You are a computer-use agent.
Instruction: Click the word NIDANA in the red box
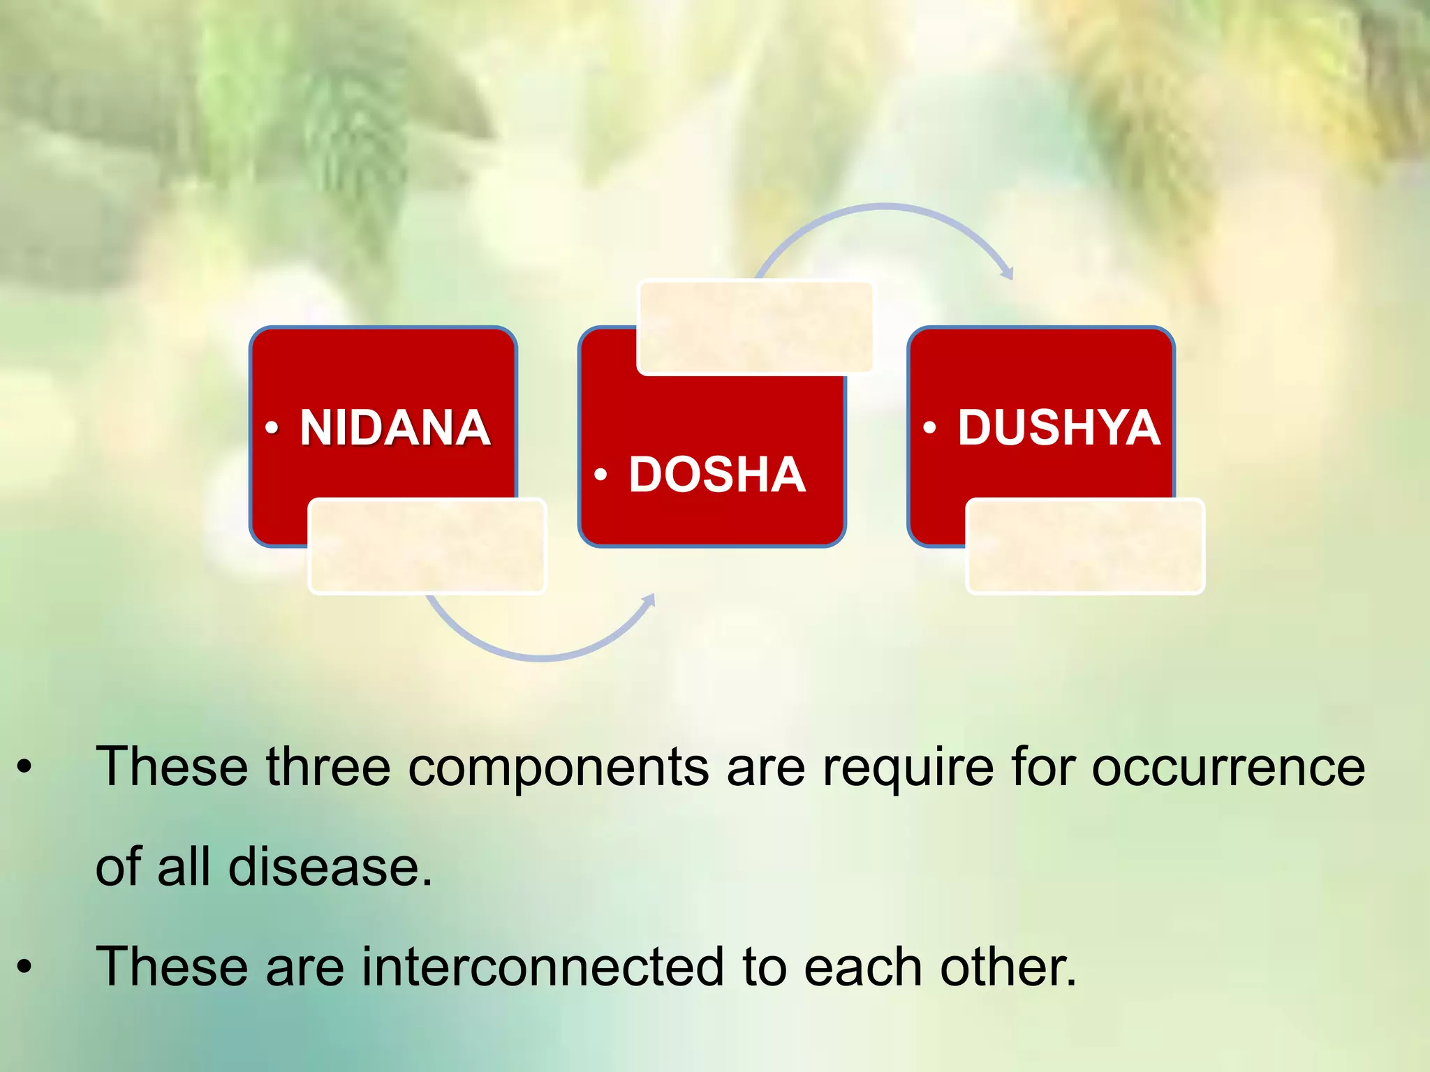395,427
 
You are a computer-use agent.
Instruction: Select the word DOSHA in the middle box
717,475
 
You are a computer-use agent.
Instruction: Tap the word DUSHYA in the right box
1059,427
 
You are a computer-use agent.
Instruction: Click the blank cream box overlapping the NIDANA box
427,546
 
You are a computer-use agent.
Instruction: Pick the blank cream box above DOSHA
755,327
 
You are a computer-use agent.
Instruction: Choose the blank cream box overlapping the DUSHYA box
1085,546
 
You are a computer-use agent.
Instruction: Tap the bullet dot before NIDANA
272,427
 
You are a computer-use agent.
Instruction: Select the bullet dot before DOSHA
600,475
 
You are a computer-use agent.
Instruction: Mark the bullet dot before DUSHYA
929,427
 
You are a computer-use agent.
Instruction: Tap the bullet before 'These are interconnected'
25,967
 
